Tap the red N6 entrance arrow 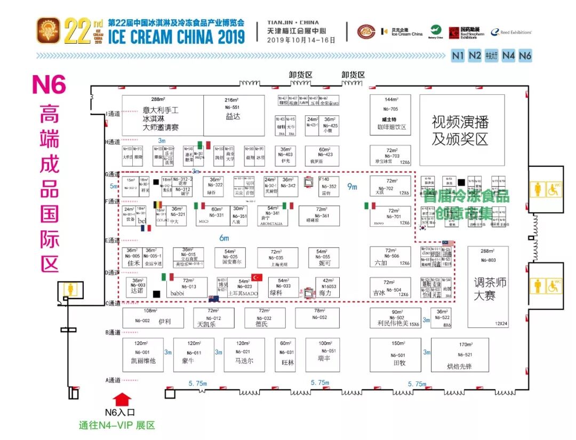pos(123,398)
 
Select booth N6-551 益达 pos(233,115)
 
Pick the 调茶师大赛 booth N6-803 pos(488,286)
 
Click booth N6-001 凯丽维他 pos(143,355)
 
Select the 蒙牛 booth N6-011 pos(194,355)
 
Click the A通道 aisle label pos(113,380)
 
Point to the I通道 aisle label pos(113,114)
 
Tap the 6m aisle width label pos(224,238)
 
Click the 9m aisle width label pos(351,187)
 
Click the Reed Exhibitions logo pos(511,33)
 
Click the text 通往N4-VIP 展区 pos(117,426)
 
